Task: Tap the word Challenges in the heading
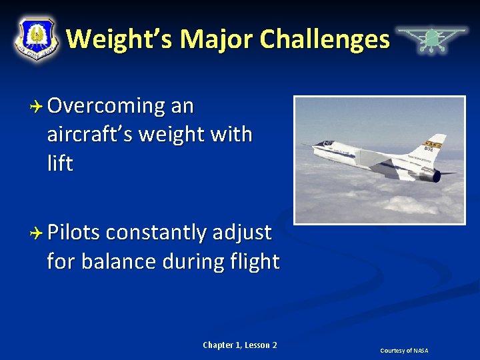tap(325, 39)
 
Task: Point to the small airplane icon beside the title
tap(431, 39)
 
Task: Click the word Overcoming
tap(106, 106)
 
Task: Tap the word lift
tap(60, 163)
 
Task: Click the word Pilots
tap(73, 233)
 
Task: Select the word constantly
tap(156, 233)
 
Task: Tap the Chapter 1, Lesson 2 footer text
tap(240, 345)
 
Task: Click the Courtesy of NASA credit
tap(404, 351)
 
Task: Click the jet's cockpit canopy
tap(326, 143)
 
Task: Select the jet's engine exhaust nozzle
tap(435, 176)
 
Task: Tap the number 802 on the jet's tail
tap(428, 149)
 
